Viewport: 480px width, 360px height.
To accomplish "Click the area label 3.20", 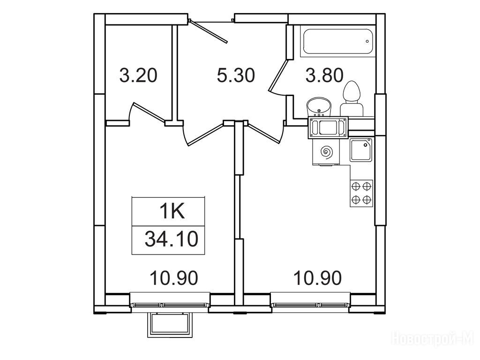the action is pyautogui.click(x=138, y=75).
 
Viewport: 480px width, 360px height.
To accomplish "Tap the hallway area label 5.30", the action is pyautogui.click(x=236, y=75).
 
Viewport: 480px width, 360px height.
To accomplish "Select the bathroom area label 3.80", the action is pyautogui.click(x=324, y=75).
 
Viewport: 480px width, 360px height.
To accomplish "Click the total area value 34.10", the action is pyautogui.click(x=172, y=239).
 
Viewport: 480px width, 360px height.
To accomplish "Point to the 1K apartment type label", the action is pyautogui.click(x=172, y=212).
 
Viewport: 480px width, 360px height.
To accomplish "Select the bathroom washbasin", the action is pyautogui.click(x=319, y=107).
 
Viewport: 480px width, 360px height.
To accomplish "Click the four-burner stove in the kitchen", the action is pyautogui.click(x=361, y=193).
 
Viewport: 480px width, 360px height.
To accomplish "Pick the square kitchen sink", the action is pyautogui.click(x=361, y=150).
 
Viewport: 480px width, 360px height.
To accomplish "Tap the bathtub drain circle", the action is pyautogui.click(x=367, y=41).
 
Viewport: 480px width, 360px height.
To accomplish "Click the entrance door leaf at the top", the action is pyautogui.click(x=209, y=31).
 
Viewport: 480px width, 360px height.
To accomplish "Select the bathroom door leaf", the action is pyautogui.click(x=278, y=75).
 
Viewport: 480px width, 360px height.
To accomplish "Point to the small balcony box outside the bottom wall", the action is pyautogui.click(x=171, y=325).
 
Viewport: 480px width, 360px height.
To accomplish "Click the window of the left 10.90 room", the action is pyautogui.click(x=170, y=305).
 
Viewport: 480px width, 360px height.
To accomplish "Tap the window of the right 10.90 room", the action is pyautogui.click(x=310, y=305).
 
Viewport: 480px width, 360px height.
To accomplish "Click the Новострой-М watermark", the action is pyautogui.click(x=434, y=339).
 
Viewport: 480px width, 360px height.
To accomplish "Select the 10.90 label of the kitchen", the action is pyautogui.click(x=317, y=278).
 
